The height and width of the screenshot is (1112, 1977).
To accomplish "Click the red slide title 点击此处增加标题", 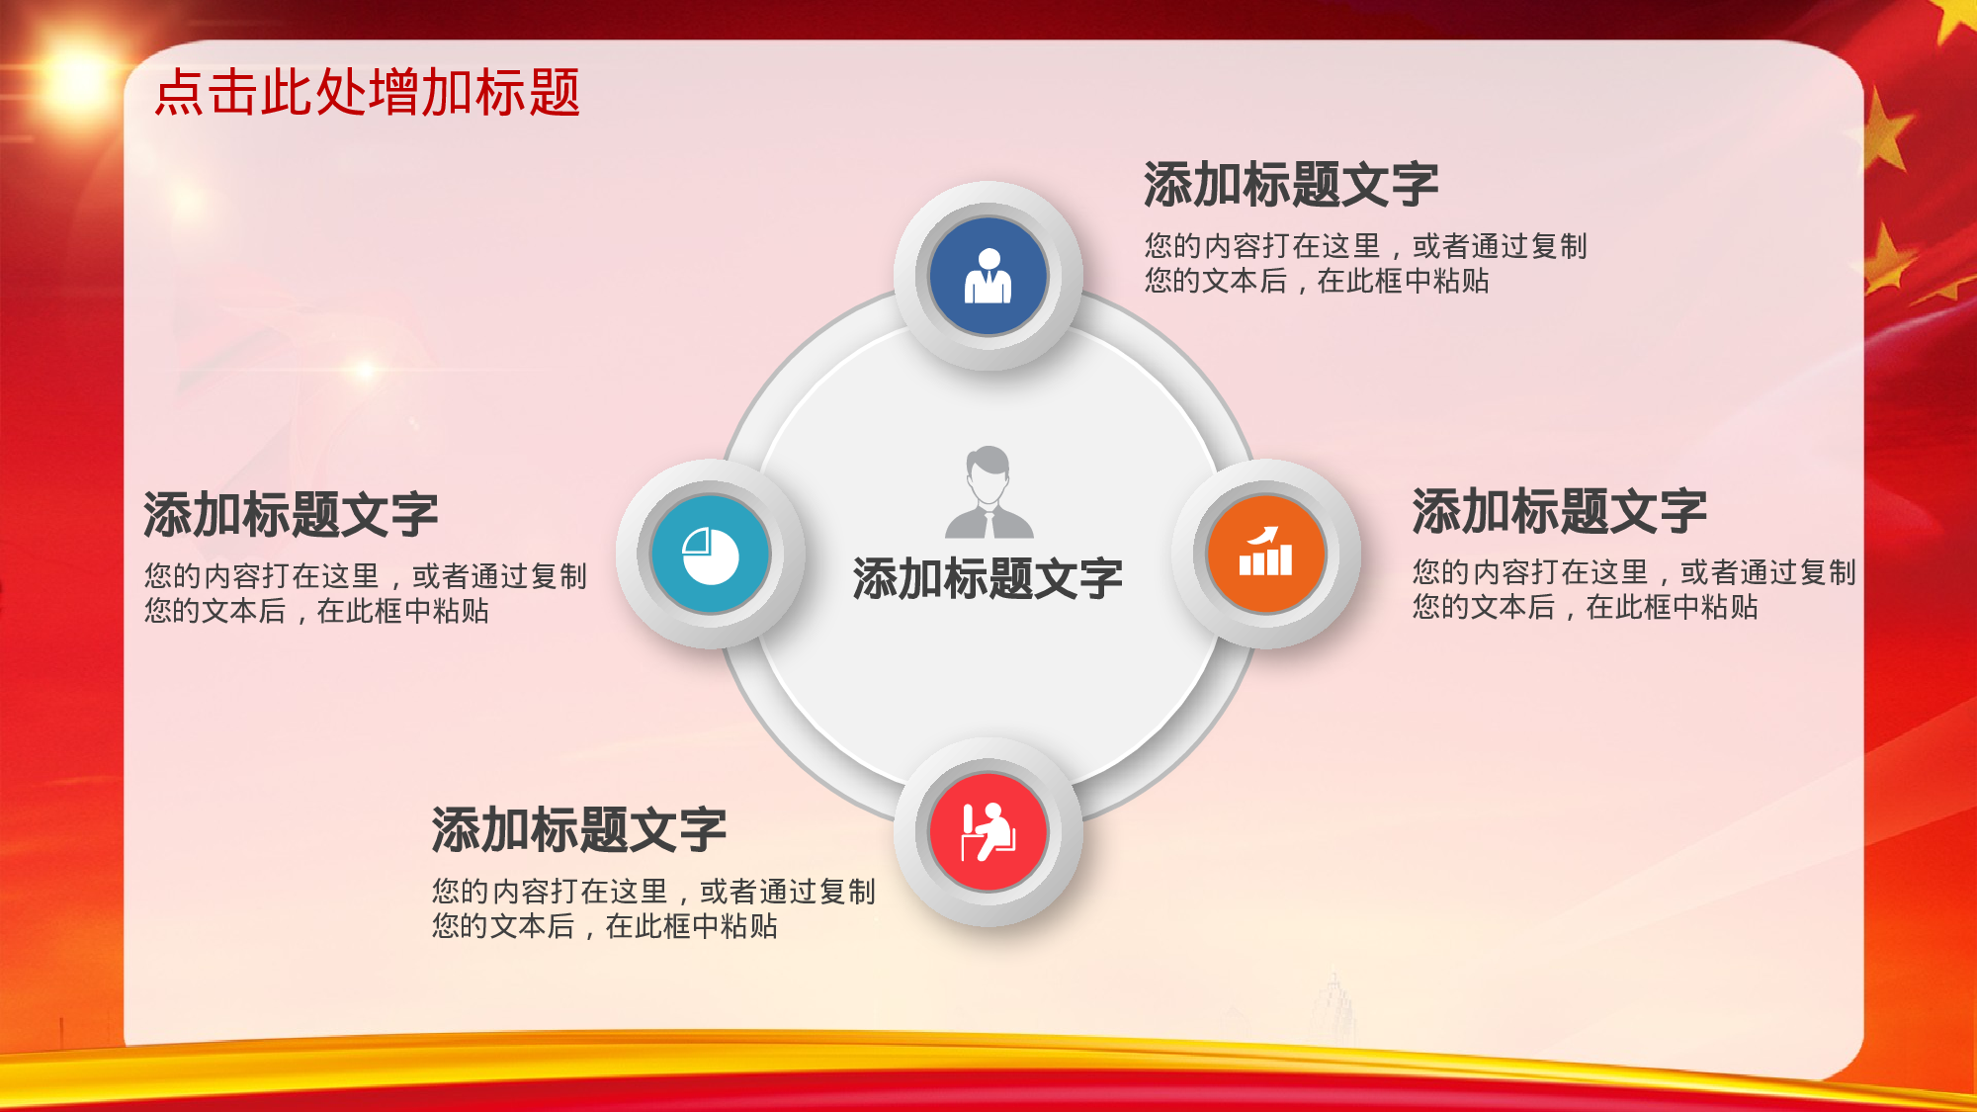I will pos(367,93).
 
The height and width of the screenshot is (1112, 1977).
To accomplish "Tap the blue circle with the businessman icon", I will pos(988,276).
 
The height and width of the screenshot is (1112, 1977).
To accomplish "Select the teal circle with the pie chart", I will pos(710,555).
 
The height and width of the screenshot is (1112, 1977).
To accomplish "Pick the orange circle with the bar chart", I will pos(1265,554).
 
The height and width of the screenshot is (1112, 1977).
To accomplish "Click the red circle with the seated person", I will pos(988,832).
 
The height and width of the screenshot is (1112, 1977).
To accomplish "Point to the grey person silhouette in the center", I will pos(988,492).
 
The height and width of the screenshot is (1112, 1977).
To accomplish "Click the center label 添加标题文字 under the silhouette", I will pos(988,578).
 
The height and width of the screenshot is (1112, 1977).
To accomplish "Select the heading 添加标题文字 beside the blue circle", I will pos(1291,185).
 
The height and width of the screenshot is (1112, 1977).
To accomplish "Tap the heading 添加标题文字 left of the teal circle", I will pos(291,514).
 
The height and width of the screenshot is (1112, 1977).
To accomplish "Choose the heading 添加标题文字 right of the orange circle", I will pos(1559,511).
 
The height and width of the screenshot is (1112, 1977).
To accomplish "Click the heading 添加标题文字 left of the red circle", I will pos(578,829).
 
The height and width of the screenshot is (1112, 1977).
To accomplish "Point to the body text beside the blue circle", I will pos(1365,263).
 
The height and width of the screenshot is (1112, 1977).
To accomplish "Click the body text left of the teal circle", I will pos(365,593).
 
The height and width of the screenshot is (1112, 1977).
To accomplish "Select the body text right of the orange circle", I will pos(1633,589).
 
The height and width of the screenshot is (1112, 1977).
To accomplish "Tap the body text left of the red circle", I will pos(652,908).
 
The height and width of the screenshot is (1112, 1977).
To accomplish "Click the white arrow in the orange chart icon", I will pos(1264,536).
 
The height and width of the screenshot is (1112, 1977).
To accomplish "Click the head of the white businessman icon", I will pos(988,260).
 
